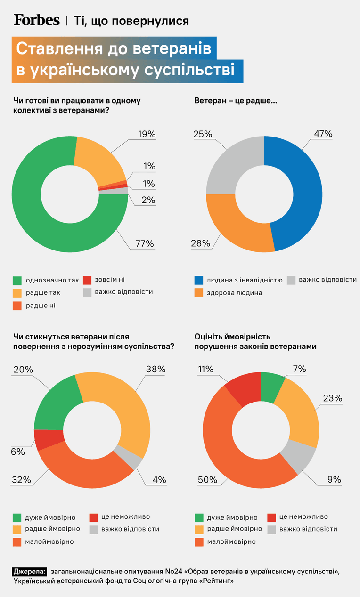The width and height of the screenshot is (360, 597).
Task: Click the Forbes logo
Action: click(37, 20)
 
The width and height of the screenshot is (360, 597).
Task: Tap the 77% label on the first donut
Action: click(145, 243)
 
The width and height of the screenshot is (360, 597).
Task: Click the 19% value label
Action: click(147, 134)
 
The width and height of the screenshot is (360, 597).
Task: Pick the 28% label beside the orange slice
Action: click(201, 243)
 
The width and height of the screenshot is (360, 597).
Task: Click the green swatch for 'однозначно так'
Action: click(17, 281)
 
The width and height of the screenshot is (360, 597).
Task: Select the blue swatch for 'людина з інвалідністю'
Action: click(199, 280)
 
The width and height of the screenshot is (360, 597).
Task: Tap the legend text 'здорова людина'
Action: click(234, 293)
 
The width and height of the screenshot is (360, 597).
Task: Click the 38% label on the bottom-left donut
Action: click(156, 369)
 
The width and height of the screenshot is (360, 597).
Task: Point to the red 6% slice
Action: click(49, 439)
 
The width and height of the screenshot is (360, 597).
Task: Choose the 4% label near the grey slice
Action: click(159, 480)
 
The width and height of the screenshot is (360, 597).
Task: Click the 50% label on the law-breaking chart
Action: click(207, 480)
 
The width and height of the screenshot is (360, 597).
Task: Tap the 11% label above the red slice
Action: click(205, 369)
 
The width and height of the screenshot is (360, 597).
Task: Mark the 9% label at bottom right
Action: click(335, 479)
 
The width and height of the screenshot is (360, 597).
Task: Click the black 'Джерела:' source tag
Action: click(29, 572)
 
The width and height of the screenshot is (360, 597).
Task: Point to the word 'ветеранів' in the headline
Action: click(172, 48)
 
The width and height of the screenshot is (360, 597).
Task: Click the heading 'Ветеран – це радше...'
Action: click(236, 101)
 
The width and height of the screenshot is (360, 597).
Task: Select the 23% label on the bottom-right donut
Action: click(333, 398)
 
